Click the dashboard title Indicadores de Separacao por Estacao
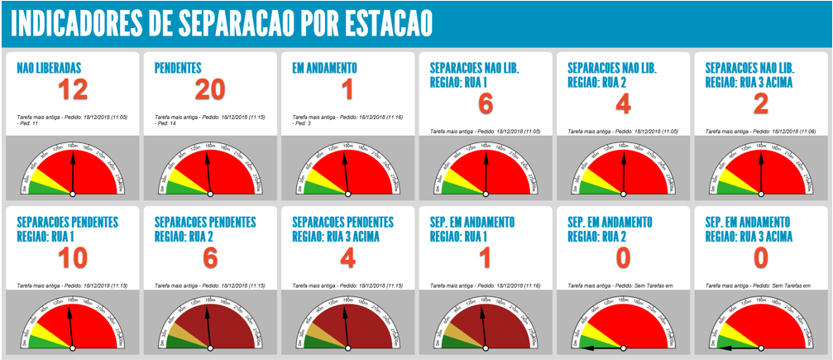[221, 24]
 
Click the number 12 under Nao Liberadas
[73, 90]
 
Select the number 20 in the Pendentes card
[210, 90]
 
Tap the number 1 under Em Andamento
[347, 90]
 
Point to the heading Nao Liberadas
[50, 68]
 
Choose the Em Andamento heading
[324, 68]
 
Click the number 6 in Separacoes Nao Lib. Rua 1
[486, 104]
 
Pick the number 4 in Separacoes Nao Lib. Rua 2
[623, 104]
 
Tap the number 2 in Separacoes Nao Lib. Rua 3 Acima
[760, 104]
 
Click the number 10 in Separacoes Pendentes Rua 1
[73, 259]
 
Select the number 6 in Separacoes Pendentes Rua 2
[210, 259]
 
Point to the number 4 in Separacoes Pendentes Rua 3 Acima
[347, 259]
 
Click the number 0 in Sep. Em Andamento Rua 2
[623, 259]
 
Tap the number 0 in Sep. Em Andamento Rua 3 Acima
[760, 259]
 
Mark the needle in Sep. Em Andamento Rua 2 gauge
[600, 348]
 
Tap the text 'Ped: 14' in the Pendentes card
[167, 122]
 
